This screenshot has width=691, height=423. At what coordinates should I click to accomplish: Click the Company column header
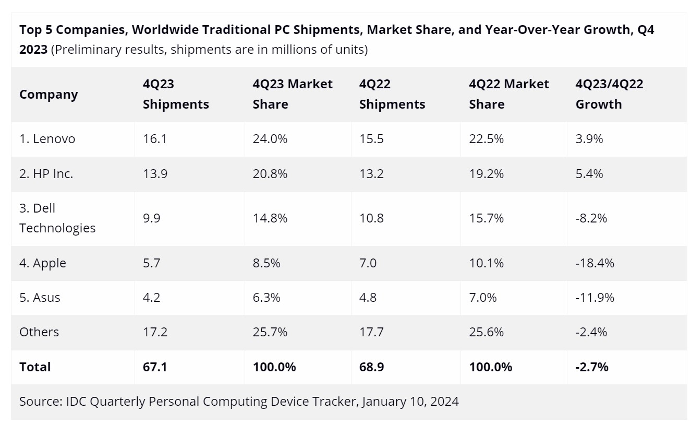tap(49, 95)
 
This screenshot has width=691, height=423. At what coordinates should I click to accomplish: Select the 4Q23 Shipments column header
tap(176, 94)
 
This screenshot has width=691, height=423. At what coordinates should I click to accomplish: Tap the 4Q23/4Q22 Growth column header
tap(609, 94)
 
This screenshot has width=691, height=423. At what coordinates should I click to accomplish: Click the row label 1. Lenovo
tap(47, 139)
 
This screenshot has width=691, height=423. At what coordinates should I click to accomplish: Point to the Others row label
tap(39, 332)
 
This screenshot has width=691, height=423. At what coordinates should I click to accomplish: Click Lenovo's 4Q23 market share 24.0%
tap(270, 139)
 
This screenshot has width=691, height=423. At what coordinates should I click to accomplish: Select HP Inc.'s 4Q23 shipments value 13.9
tap(155, 174)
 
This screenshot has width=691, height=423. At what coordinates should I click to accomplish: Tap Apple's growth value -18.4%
tap(595, 263)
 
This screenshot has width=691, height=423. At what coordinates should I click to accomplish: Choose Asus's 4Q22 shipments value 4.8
tap(368, 298)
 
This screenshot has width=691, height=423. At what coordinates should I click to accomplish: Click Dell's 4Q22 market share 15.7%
tap(486, 218)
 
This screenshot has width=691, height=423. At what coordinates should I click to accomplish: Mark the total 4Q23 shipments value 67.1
tap(155, 367)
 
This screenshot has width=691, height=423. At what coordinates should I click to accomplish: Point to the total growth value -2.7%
tap(592, 367)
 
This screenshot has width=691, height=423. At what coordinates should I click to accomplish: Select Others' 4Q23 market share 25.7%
tap(270, 332)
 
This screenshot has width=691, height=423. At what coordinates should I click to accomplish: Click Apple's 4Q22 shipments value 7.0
tap(368, 263)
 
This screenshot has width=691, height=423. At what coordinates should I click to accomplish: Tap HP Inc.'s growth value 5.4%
tap(589, 174)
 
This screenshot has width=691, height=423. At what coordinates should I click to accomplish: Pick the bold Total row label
tap(35, 367)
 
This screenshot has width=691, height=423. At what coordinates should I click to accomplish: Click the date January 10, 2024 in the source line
tap(409, 402)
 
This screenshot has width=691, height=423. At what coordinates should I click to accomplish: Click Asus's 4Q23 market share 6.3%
tap(266, 298)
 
